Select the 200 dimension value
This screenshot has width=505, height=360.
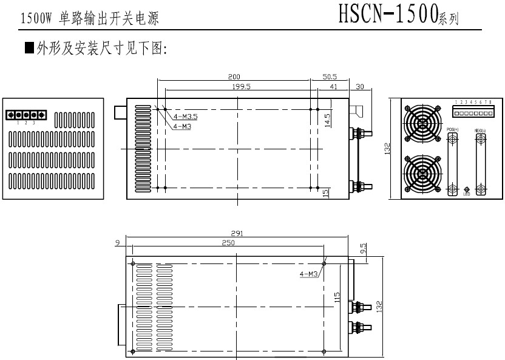234,76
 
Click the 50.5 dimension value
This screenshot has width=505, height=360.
330,76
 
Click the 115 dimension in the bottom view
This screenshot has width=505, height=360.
337,299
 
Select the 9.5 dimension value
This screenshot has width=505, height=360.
362,249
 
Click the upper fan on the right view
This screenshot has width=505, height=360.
423,124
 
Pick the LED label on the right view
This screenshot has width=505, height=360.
466,194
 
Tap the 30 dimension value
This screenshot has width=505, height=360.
359,87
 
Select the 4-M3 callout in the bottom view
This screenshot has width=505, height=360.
309,274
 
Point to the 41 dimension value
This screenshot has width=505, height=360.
333,87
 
